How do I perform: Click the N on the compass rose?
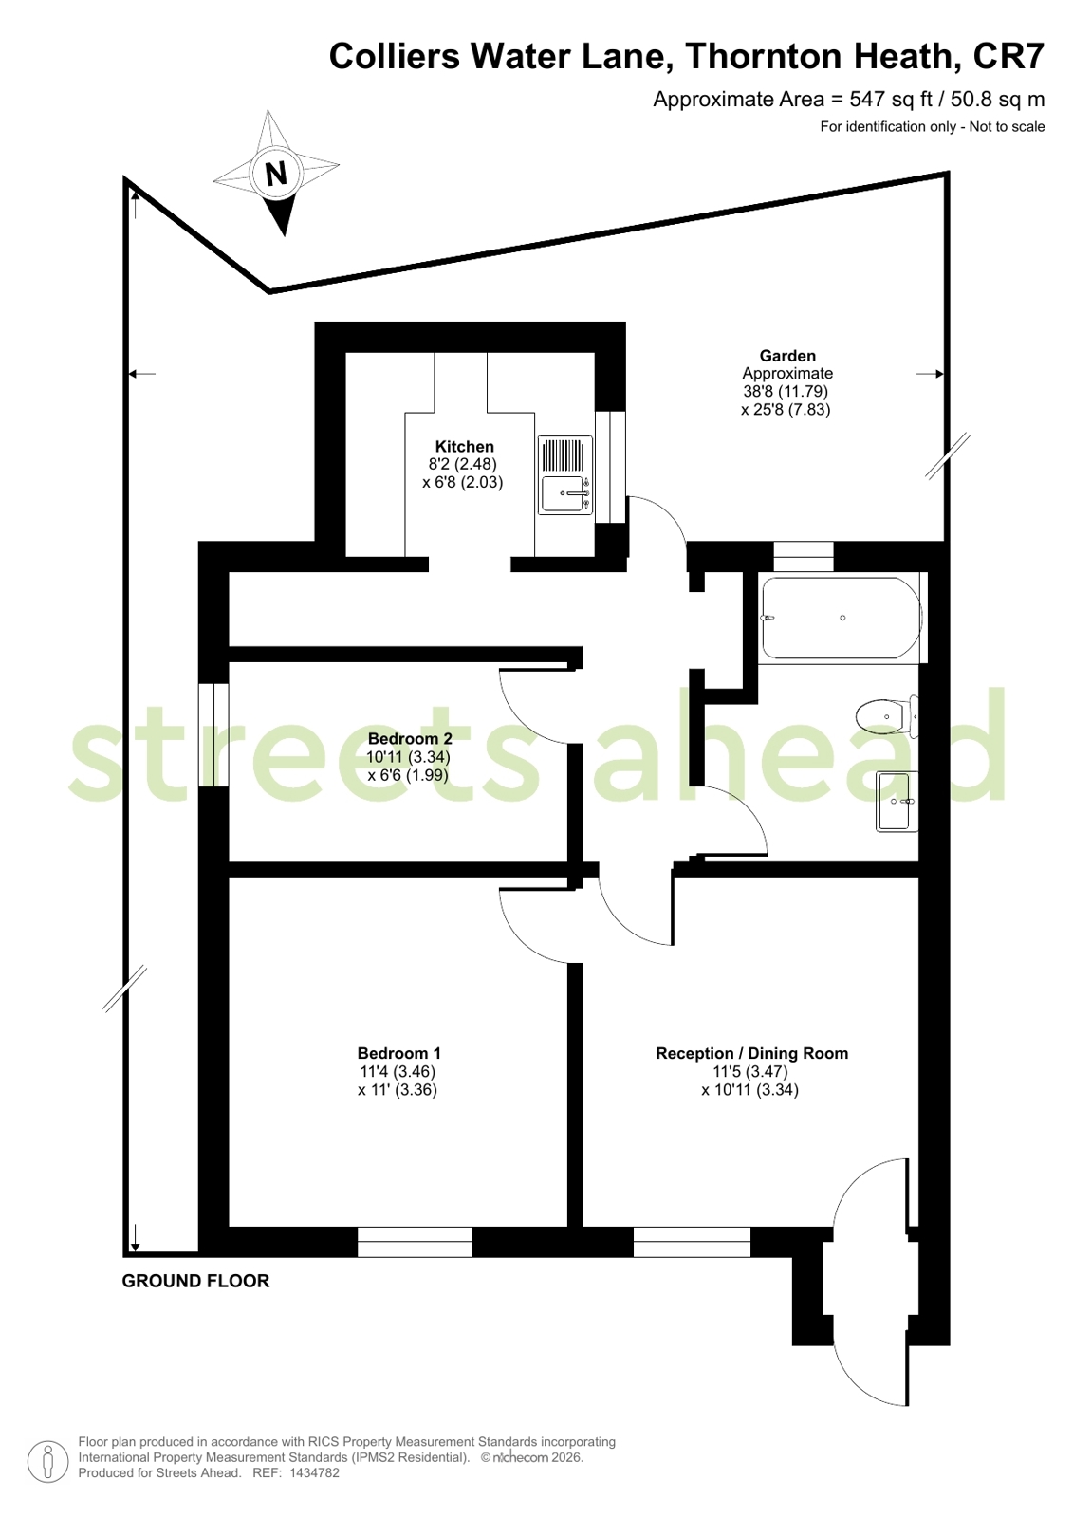[276, 174]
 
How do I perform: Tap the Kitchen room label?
[464, 446]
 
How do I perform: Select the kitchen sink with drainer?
[565, 474]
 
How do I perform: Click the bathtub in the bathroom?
[842, 618]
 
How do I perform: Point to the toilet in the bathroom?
[887, 716]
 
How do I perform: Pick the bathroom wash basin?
[897, 802]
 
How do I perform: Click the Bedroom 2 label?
[410, 738]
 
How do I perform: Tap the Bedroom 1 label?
[399, 1053]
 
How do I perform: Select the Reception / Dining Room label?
[752, 1053]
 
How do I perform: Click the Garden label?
[787, 356]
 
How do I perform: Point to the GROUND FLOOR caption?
[195, 1281]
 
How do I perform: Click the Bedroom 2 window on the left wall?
[213, 735]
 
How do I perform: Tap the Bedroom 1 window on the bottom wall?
[415, 1242]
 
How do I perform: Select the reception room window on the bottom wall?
[692, 1242]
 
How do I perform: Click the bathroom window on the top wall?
[804, 557]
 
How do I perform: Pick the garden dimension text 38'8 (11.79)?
[786, 391]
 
